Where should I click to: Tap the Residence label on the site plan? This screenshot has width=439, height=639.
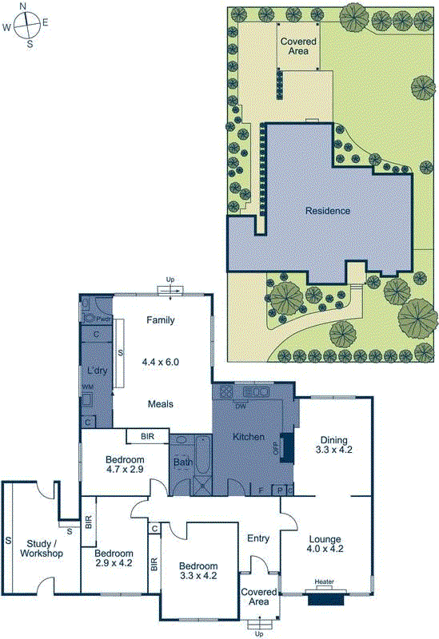[328, 211]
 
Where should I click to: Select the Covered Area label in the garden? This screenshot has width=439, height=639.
[298, 46]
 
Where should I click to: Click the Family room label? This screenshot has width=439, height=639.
[160, 320]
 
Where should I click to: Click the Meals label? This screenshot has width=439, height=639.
[160, 403]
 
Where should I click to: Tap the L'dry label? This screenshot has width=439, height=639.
[97, 371]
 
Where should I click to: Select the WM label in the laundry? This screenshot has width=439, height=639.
[86, 387]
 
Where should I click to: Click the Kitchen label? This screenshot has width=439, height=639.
[248, 437]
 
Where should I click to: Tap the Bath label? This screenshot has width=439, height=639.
[182, 461]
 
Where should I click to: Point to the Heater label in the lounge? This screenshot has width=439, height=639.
[324, 581]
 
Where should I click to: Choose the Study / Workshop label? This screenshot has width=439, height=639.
[41, 549]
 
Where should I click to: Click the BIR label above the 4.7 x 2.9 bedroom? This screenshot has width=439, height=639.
[147, 436]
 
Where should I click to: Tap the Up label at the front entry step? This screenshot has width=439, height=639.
[258, 633]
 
